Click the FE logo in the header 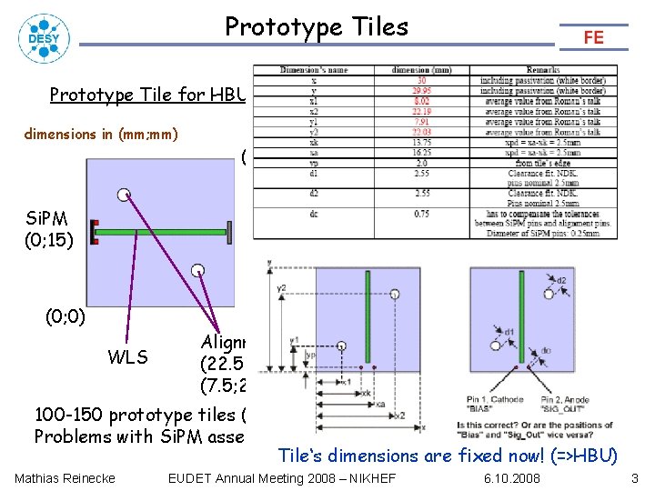pos(593,36)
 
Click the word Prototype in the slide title pos(269,27)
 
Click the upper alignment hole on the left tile pos(123,193)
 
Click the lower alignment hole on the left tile pos(197,268)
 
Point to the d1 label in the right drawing pos(509,332)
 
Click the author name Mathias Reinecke pos(65,478)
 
